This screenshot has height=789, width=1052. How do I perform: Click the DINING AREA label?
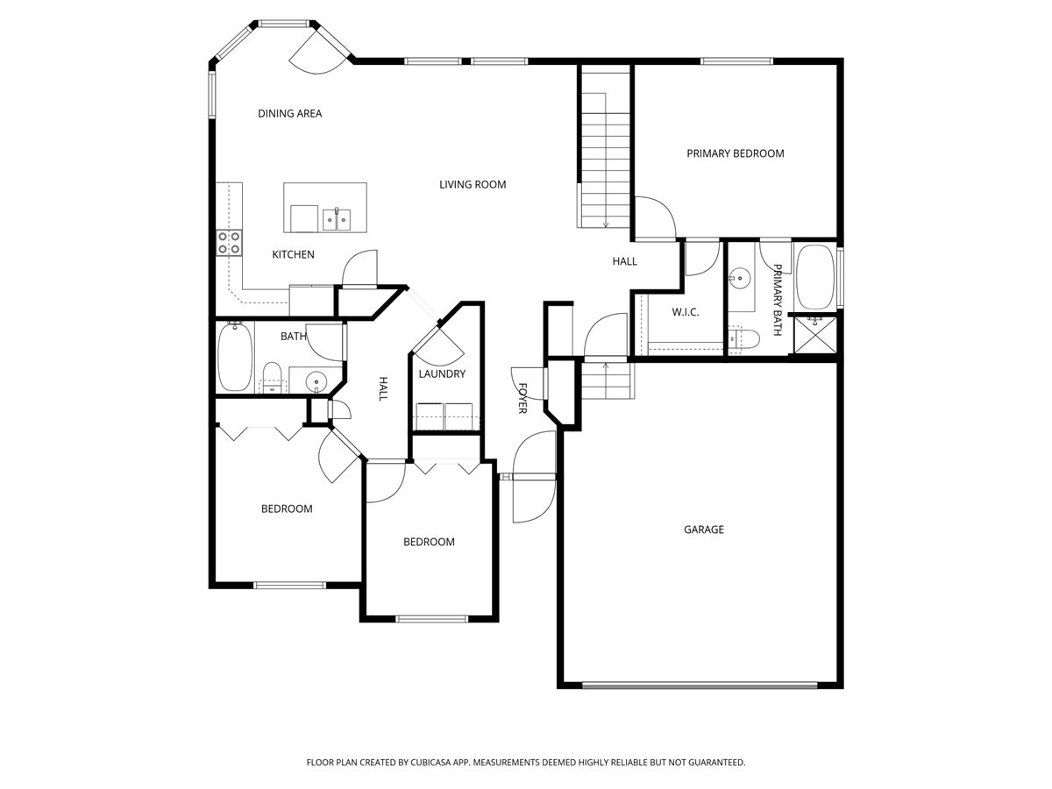(289, 113)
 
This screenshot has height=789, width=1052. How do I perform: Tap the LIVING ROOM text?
(473, 184)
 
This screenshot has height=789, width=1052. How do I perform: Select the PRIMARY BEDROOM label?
(735, 153)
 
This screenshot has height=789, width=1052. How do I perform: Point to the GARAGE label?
(703, 530)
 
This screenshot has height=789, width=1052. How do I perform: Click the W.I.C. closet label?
(684, 312)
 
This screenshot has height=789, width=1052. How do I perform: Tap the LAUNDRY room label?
(441, 373)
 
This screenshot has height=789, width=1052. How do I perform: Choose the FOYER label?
(522, 397)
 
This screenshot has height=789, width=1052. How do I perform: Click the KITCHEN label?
(293, 254)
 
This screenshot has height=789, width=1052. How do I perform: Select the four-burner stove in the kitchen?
(230, 242)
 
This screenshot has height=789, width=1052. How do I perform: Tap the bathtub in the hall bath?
(234, 357)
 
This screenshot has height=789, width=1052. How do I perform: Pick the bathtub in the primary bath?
(815, 276)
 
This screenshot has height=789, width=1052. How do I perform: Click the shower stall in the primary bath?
(814, 335)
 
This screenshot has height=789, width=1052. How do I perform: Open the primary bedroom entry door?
(653, 219)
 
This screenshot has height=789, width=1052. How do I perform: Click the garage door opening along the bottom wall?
(701, 685)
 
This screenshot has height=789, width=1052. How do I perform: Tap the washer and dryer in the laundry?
(444, 416)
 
